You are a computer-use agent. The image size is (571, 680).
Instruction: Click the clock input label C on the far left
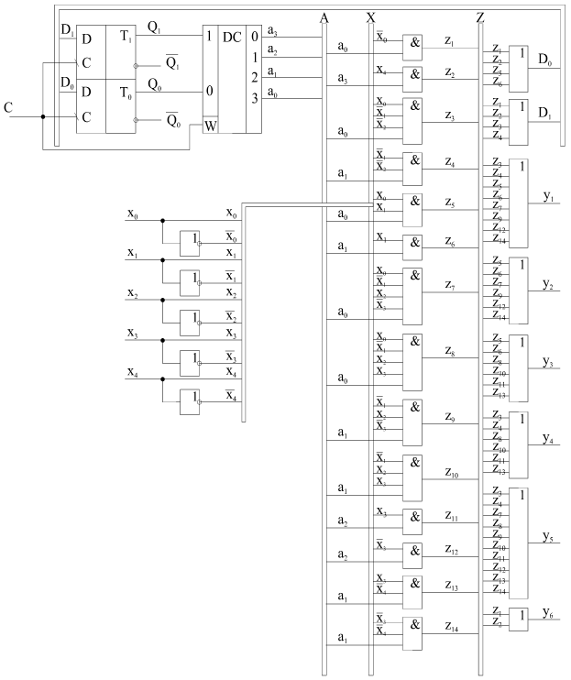tap(8, 108)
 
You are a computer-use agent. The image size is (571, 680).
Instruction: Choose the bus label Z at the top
tap(481, 17)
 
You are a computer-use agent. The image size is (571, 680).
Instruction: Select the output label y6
tap(547, 612)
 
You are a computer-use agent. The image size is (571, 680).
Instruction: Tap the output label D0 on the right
tap(544, 60)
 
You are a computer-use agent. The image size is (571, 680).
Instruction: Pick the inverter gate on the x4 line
tap(191, 400)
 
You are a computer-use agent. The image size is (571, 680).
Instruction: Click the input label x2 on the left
tap(133, 292)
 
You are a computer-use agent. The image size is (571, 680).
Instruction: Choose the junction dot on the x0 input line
tap(162, 220)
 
